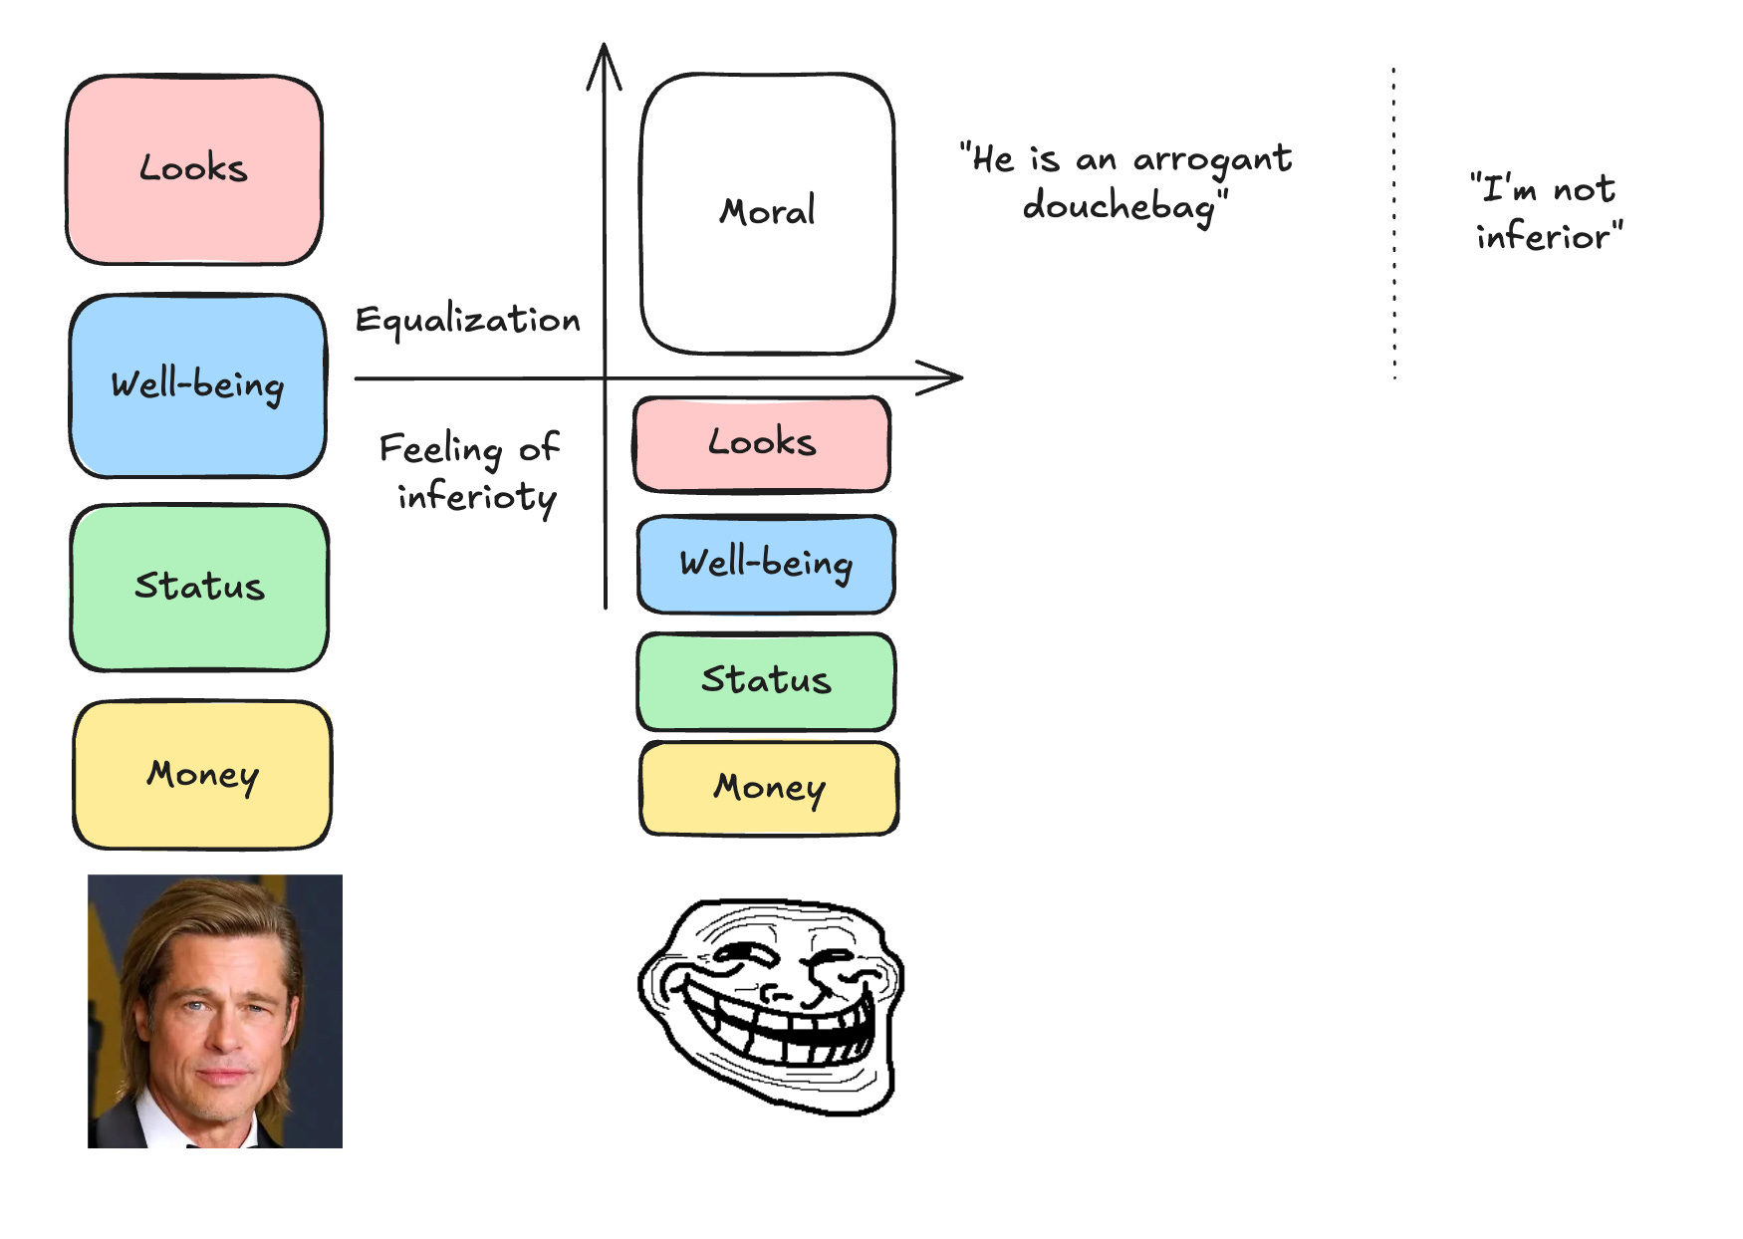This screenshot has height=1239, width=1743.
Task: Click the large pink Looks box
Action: click(194, 169)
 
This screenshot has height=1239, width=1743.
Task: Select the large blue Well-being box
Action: click(197, 385)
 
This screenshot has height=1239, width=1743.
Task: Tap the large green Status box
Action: click(199, 587)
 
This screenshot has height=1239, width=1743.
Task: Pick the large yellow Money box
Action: click(202, 774)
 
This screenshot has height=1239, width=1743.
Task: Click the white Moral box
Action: click(767, 212)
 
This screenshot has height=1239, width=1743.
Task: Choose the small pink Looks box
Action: click(762, 443)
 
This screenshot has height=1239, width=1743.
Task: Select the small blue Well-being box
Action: click(766, 564)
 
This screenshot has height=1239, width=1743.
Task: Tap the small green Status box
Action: click(766, 681)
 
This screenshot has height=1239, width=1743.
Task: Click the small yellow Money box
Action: click(769, 788)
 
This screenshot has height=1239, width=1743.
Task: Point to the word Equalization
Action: click(467, 321)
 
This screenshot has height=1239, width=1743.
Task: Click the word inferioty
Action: click(476, 497)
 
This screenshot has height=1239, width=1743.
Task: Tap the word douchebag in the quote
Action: click(1120, 207)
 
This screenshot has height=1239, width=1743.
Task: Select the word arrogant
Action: click(1212, 159)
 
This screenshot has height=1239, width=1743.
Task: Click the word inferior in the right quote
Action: click(1543, 237)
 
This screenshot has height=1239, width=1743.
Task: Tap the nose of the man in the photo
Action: click(221, 1036)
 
